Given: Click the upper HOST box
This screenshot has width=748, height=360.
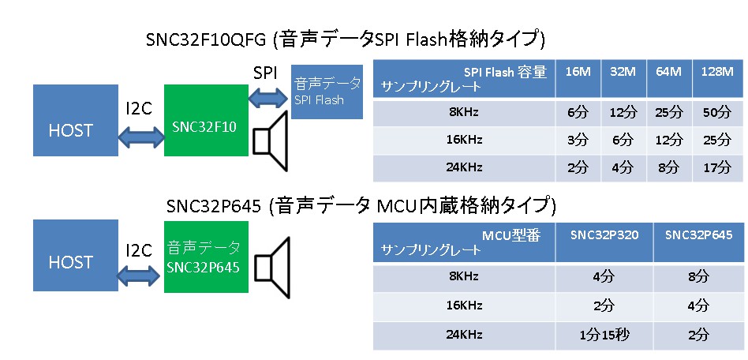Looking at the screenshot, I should click(70, 130).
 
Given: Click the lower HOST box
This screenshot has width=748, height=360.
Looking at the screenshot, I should click(70, 261).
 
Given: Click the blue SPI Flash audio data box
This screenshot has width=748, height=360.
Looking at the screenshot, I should click(327, 91).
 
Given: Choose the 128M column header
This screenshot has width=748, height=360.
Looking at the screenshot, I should click(717, 72).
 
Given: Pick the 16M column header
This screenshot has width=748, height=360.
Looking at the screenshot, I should click(578, 72).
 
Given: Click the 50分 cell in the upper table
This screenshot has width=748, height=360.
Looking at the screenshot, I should click(717, 112).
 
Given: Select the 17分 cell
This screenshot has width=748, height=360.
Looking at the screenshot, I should click(717, 167).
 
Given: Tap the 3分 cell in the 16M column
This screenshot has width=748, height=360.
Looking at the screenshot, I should click(578, 140).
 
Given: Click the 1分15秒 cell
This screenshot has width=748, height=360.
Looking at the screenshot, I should click(604, 334).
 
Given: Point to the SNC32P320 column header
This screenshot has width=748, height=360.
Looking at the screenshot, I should click(604, 235).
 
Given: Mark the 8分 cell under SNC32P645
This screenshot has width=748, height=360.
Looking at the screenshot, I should click(698, 277).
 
